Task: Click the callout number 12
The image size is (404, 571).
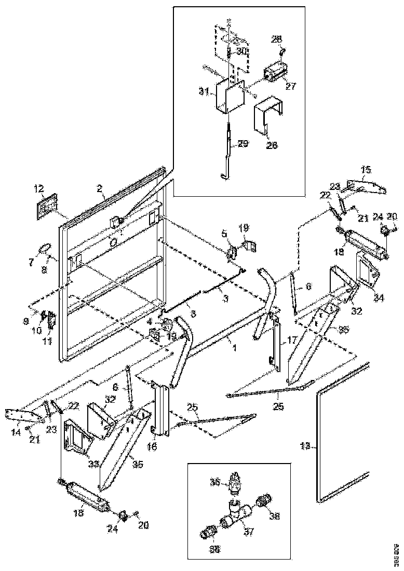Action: [39, 188]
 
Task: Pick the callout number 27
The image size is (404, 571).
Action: [291, 86]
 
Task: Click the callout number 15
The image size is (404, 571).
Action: [367, 170]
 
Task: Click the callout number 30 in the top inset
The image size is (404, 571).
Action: [242, 52]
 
